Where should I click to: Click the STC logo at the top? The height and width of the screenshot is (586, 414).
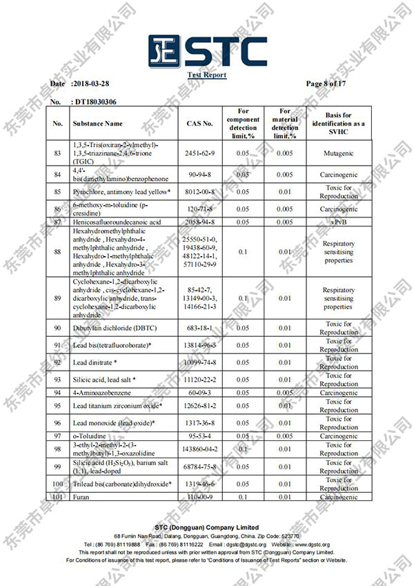pos(207,50)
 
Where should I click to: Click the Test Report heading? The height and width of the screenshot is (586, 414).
pos(207,75)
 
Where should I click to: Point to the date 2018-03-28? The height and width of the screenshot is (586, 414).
pos(90,84)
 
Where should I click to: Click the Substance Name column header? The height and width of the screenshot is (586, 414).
pos(97,124)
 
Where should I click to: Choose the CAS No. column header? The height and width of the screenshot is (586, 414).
pos(199,124)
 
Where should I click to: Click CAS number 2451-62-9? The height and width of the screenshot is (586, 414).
pos(199,153)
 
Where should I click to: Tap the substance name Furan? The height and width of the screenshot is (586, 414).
pos(81,497)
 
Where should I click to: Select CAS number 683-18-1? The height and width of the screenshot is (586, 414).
pos(199,329)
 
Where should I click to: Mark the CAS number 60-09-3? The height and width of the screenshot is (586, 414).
pos(199,393)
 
